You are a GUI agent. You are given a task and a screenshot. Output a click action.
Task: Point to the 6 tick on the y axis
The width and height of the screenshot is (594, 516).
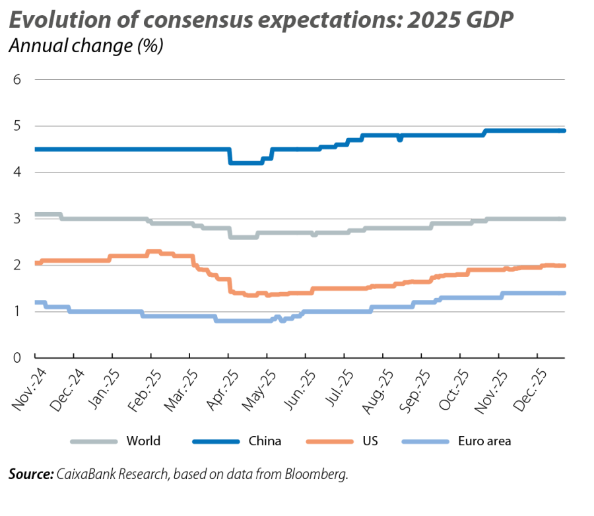click(18, 80)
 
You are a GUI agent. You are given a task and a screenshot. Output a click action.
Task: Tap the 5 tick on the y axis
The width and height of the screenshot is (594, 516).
click(18, 126)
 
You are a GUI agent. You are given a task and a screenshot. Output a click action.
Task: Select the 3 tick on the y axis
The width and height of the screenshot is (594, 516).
click(18, 219)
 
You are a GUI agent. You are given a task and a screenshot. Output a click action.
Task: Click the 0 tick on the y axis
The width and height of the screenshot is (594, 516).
click(18, 357)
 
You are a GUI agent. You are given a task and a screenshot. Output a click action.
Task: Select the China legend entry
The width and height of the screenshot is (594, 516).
click(265, 441)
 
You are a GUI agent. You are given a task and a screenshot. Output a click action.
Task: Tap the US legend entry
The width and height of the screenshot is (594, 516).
click(370, 441)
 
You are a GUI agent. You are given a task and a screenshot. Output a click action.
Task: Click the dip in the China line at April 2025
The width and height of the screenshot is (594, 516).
click(246, 163)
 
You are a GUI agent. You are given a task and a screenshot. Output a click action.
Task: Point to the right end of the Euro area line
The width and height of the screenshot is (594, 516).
click(564, 293)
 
